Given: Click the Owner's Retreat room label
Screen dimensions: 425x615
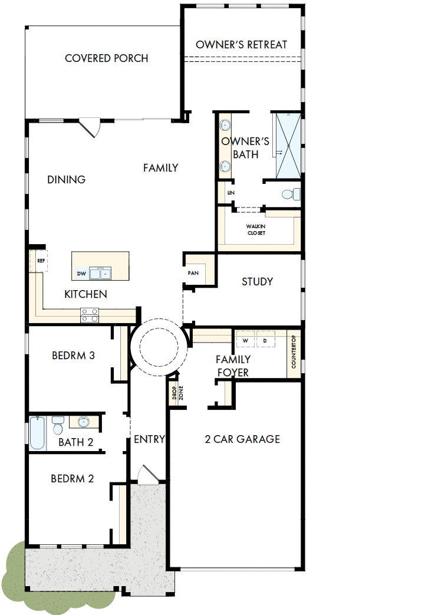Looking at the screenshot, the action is [241, 45].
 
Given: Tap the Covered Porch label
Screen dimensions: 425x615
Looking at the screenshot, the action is [106, 58].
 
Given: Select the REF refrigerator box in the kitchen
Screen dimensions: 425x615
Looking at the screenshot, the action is [38, 261].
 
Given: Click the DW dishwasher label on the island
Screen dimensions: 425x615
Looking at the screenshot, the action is [81, 274].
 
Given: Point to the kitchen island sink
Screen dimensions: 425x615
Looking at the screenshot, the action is [100, 273].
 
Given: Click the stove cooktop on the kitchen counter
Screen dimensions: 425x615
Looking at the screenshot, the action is [90, 315].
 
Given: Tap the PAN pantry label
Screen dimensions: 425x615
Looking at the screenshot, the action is [193, 273].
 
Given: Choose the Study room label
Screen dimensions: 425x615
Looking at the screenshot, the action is [257, 282].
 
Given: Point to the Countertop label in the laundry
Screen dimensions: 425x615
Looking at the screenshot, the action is [294, 353].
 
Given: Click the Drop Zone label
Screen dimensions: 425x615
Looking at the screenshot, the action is [177, 393].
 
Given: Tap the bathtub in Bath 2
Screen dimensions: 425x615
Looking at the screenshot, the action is [38, 433].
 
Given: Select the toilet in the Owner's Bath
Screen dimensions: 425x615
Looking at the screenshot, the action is [291, 194].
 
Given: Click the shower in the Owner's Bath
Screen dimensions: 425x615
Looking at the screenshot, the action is [288, 146].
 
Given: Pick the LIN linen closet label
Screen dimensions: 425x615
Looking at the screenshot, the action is [231, 193].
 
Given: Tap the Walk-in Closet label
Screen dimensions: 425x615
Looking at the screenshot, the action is [256, 229].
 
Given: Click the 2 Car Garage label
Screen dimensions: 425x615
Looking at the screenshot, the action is [242, 439].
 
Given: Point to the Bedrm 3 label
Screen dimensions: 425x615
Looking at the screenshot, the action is [73, 356].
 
